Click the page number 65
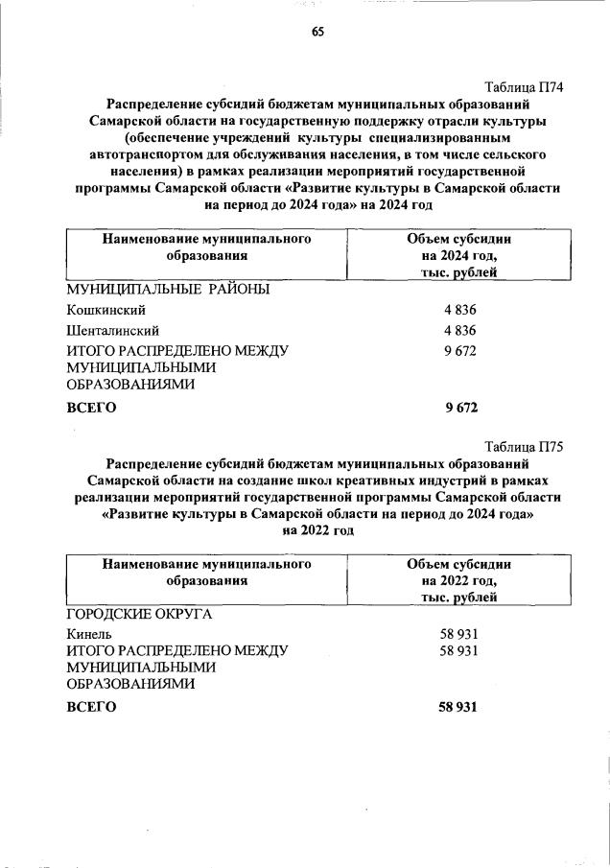tap(317, 32)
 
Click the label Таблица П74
tap(522, 87)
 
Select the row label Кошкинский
tap(106, 310)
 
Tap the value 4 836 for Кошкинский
tap(458, 310)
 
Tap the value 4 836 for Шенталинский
tap(458, 331)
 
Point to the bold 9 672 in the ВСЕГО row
tap(460, 408)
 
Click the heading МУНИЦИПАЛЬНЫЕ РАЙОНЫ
tap(167, 289)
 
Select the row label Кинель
tap(89, 634)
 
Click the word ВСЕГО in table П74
tap(91, 408)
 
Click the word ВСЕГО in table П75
tap(91, 707)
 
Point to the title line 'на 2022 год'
tap(317, 529)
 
